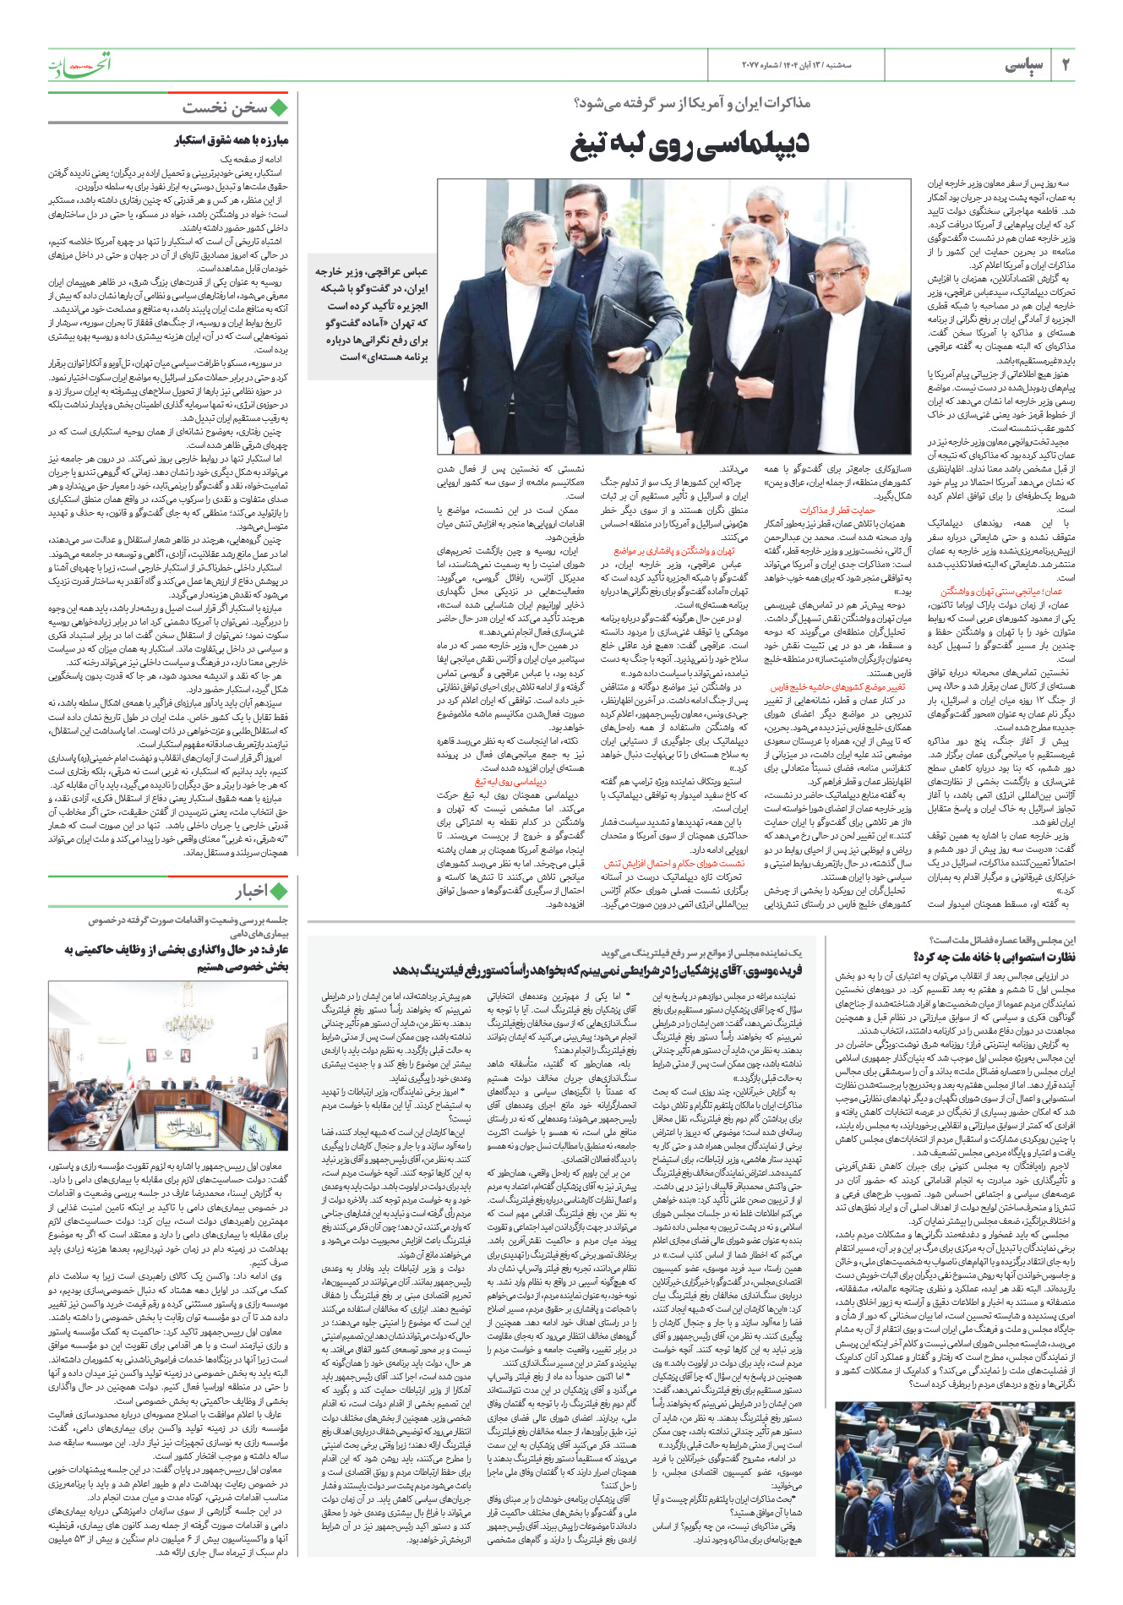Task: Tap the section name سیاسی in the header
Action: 1023,65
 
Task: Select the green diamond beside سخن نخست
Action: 279,108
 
